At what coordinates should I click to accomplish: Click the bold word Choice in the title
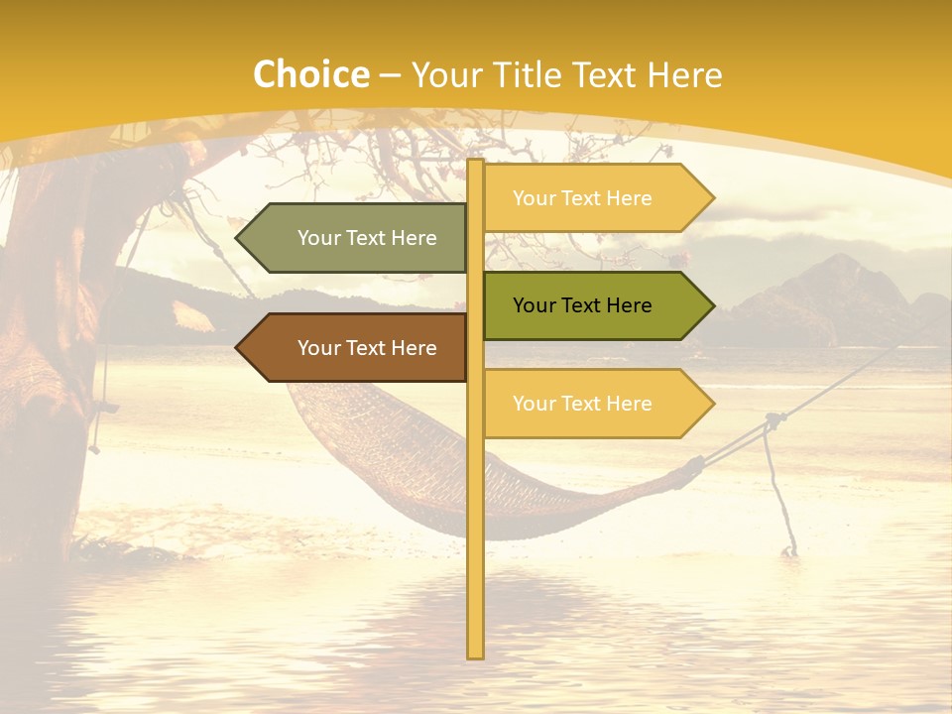pos(310,74)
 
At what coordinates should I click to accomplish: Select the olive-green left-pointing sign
pos(357,238)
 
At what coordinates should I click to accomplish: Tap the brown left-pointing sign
pos(357,348)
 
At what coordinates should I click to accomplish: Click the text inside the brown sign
pos(367,348)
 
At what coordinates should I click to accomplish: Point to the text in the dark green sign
pos(582,305)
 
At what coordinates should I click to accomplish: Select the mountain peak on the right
pos(841,260)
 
